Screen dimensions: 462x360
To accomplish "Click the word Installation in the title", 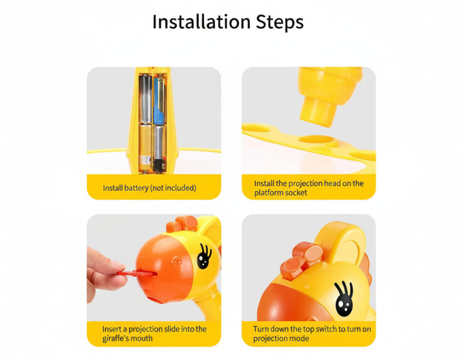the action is (x=201, y=22).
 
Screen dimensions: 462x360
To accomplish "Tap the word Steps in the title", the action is (x=280, y=23).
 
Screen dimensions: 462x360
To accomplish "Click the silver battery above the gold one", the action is (x=146, y=99).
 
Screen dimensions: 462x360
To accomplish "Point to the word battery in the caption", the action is (x=136, y=188).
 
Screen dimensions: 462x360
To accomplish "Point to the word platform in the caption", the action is (x=267, y=193).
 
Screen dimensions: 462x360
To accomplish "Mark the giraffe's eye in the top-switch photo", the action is (x=344, y=299).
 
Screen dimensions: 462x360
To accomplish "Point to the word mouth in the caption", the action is (x=142, y=338).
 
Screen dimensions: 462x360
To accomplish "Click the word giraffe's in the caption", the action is (x=116, y=338).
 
